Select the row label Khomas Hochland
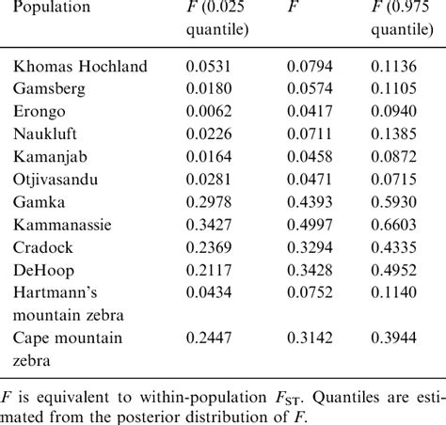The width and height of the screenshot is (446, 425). tap(80, 67)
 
